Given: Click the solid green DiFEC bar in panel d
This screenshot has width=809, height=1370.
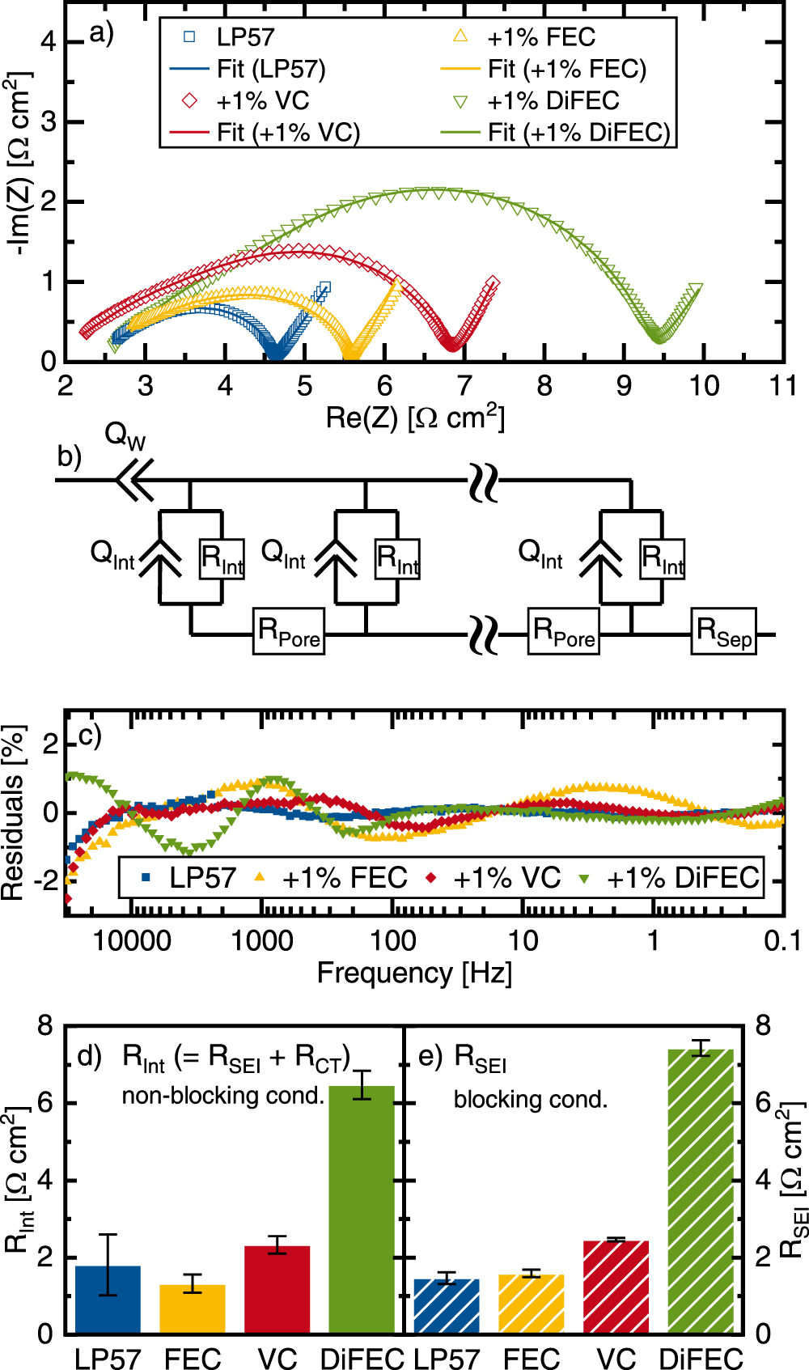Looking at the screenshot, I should tap(362, 1214).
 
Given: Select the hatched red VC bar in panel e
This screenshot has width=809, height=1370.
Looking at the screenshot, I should tap(616, 1288).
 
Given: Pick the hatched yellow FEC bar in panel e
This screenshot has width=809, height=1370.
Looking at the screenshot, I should tap(531, 1304).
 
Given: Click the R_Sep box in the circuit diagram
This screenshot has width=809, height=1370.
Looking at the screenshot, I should tap(725, 631).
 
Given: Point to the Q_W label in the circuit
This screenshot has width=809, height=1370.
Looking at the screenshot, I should tap(125, 436).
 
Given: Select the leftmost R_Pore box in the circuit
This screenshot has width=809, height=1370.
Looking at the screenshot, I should tap(289, 631).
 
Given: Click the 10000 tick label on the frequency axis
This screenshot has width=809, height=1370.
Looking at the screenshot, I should tap(132, 940).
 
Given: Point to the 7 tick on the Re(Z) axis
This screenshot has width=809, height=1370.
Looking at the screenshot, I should tap(464, 386).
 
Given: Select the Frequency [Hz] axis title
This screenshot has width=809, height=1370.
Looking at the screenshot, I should tap(414, 973).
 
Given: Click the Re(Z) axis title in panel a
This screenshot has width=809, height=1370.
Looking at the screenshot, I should tap(414, 418).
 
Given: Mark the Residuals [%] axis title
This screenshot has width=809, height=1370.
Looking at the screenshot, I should tap(13, 812).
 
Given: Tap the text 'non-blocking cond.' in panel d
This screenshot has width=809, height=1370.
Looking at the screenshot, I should tap(222, 1096).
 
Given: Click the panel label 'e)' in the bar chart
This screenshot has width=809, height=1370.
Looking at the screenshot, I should tap(430, 1056).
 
